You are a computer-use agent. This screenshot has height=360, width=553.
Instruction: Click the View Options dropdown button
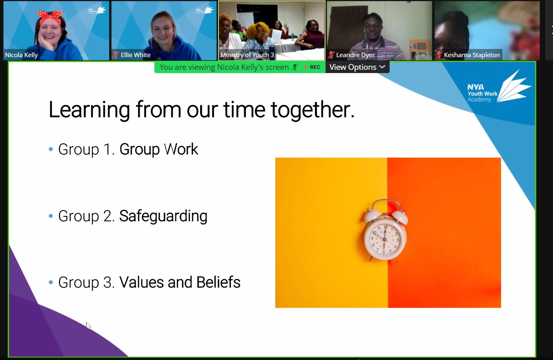[357, 67]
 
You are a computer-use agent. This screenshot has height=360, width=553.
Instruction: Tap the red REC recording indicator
[312, 67]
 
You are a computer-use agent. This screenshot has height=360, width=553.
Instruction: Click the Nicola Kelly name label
[21, 55]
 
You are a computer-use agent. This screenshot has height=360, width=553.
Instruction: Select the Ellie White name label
[136, 55]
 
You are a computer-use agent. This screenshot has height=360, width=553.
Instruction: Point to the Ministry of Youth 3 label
[247, 55]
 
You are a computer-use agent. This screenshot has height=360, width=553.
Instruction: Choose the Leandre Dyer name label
[355, 55]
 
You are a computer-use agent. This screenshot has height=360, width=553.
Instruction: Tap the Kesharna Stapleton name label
[472, 55]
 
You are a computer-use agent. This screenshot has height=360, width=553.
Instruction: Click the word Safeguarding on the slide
[163, 216]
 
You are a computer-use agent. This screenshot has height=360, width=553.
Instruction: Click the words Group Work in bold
[158, 149]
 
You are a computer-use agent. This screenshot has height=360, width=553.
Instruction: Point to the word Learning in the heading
[89, 110]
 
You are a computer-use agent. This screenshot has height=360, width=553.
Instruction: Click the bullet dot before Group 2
[51, 216]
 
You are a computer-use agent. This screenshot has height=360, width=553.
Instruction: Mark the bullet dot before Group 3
[51, 282]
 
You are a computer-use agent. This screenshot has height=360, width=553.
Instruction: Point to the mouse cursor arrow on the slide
[88, 325]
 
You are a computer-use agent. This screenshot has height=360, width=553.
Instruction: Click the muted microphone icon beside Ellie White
[116, 55]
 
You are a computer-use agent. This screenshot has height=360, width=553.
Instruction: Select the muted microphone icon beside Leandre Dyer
[331, 55]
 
